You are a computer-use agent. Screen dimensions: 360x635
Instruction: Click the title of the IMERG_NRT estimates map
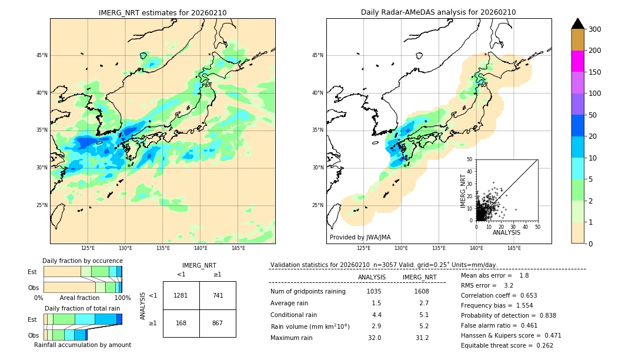(x=162, y=12)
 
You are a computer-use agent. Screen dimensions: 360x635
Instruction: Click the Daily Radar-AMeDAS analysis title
(x=438, y=12)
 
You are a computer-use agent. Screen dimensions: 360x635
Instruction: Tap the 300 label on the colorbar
(x=595, y=29)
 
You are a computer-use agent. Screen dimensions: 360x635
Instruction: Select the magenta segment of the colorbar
(x=577, y=61)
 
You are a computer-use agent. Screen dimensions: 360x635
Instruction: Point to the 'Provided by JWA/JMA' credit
(x=360, y=238)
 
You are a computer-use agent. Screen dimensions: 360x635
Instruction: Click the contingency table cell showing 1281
(x=181, y=295)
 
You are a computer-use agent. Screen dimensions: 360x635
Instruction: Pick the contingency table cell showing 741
(x=218, y=295)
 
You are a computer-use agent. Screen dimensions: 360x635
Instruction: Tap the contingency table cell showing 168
(x=181, y=323)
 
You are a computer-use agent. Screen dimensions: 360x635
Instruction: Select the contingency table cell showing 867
(x=218, y=323)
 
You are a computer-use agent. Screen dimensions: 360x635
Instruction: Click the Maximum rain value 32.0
(x=374, y=338)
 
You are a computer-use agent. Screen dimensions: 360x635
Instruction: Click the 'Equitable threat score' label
(x=496, y=345)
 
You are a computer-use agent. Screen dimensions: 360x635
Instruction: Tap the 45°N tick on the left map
(x=42, y=55)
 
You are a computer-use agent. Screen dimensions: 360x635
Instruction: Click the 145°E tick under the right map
(x=514, y=248)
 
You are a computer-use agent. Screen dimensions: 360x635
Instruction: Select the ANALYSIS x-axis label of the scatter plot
(x=506, y=232)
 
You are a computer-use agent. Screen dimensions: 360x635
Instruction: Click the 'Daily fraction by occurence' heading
(x=82, y=261)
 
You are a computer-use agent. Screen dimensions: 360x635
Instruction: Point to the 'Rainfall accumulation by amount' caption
(x=82, y=345)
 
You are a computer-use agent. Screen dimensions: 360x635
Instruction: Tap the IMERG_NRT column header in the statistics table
(x=419, y=277)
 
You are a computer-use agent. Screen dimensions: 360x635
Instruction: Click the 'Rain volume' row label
(x=310, y=326)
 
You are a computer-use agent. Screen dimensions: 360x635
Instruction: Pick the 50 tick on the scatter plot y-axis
(x=469, y=159)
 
